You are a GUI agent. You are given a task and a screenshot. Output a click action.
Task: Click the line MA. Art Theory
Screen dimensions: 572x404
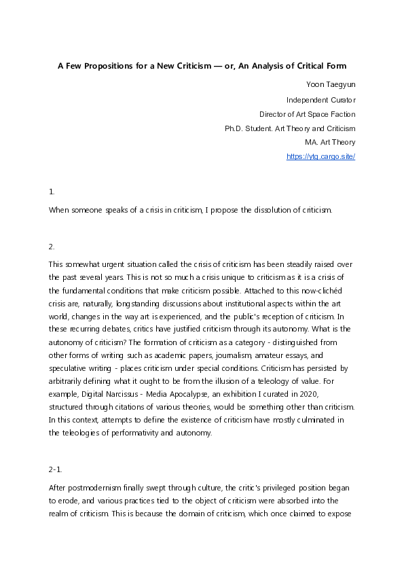(x=330, y=142)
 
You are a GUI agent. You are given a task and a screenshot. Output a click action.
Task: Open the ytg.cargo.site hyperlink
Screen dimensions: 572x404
(x=321, y=156)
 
